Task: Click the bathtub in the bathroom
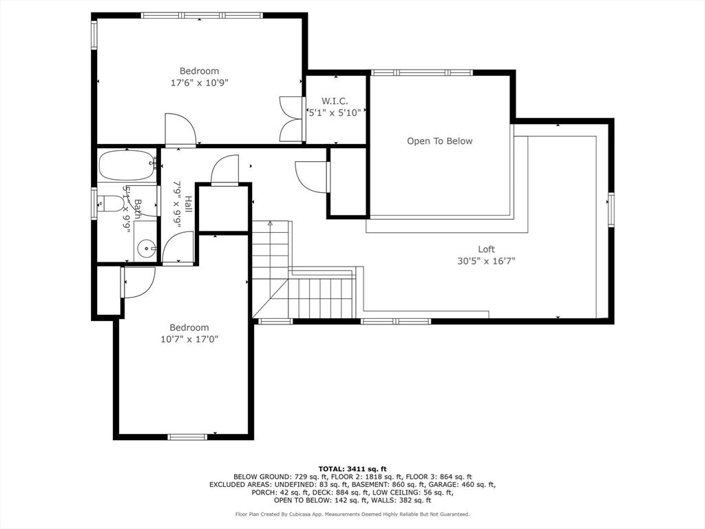(127, 165)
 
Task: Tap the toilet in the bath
(109, 203)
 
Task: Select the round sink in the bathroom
(146, 248)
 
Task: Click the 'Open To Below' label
(440, 141)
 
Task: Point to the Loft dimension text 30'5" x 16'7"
(486, 261)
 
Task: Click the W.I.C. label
(335, 101)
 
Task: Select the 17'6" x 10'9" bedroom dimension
(200, 83)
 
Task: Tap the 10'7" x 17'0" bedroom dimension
(189, 339)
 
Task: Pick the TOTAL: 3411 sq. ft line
(352, 469)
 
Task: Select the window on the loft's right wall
(611, 209)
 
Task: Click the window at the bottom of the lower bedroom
(187, 436)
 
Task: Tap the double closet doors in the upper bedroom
(291, 119)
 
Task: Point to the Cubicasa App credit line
(352, 514)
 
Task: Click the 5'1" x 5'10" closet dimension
(335, 112)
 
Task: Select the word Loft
(486, 249)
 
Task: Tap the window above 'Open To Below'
(422, 72)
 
